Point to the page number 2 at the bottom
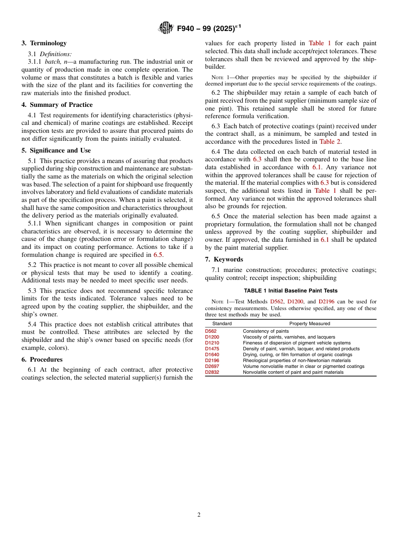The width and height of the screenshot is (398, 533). point(199,515)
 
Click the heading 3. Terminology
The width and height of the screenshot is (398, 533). point(44,43)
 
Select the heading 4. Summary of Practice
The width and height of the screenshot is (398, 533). point(57,105)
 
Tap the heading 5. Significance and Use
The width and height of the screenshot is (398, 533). point(56,150)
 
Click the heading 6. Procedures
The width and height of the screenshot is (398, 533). point(42,360)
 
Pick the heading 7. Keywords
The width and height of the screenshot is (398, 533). point(224,259)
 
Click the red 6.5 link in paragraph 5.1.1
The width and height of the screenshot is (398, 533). point(158,255)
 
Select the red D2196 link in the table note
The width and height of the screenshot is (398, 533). point(326,301)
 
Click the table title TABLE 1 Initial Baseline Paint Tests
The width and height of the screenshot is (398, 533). point(291,290)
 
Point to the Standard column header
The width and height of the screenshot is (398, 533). point(222,323)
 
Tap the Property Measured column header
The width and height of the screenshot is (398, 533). point(310,323)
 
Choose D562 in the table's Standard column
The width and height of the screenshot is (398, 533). point(211,331)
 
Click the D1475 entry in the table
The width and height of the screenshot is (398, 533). point(212,349)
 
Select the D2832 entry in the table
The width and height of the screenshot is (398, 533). point(212,372)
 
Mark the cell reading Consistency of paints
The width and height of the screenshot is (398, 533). point(266,331)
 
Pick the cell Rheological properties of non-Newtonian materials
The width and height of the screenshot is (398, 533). point(297,360)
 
